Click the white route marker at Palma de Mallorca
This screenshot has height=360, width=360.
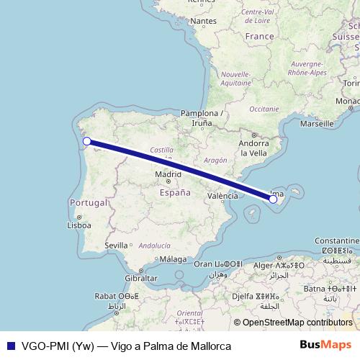point(274,199)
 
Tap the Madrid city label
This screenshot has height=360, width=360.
point(168,174)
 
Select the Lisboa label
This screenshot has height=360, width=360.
point(78,225)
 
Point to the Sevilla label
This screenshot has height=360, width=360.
point(116,246)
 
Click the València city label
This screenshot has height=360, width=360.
point(222,196)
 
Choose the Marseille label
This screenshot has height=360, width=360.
point(317,124)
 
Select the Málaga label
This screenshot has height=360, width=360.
point(173,259)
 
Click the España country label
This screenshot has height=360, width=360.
point(174,193)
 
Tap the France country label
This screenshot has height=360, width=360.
point(259,36)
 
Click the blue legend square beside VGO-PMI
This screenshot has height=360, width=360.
point(9,346)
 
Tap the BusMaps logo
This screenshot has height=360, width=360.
point(325,345)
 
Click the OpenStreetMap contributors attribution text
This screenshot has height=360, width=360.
point(297,323)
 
